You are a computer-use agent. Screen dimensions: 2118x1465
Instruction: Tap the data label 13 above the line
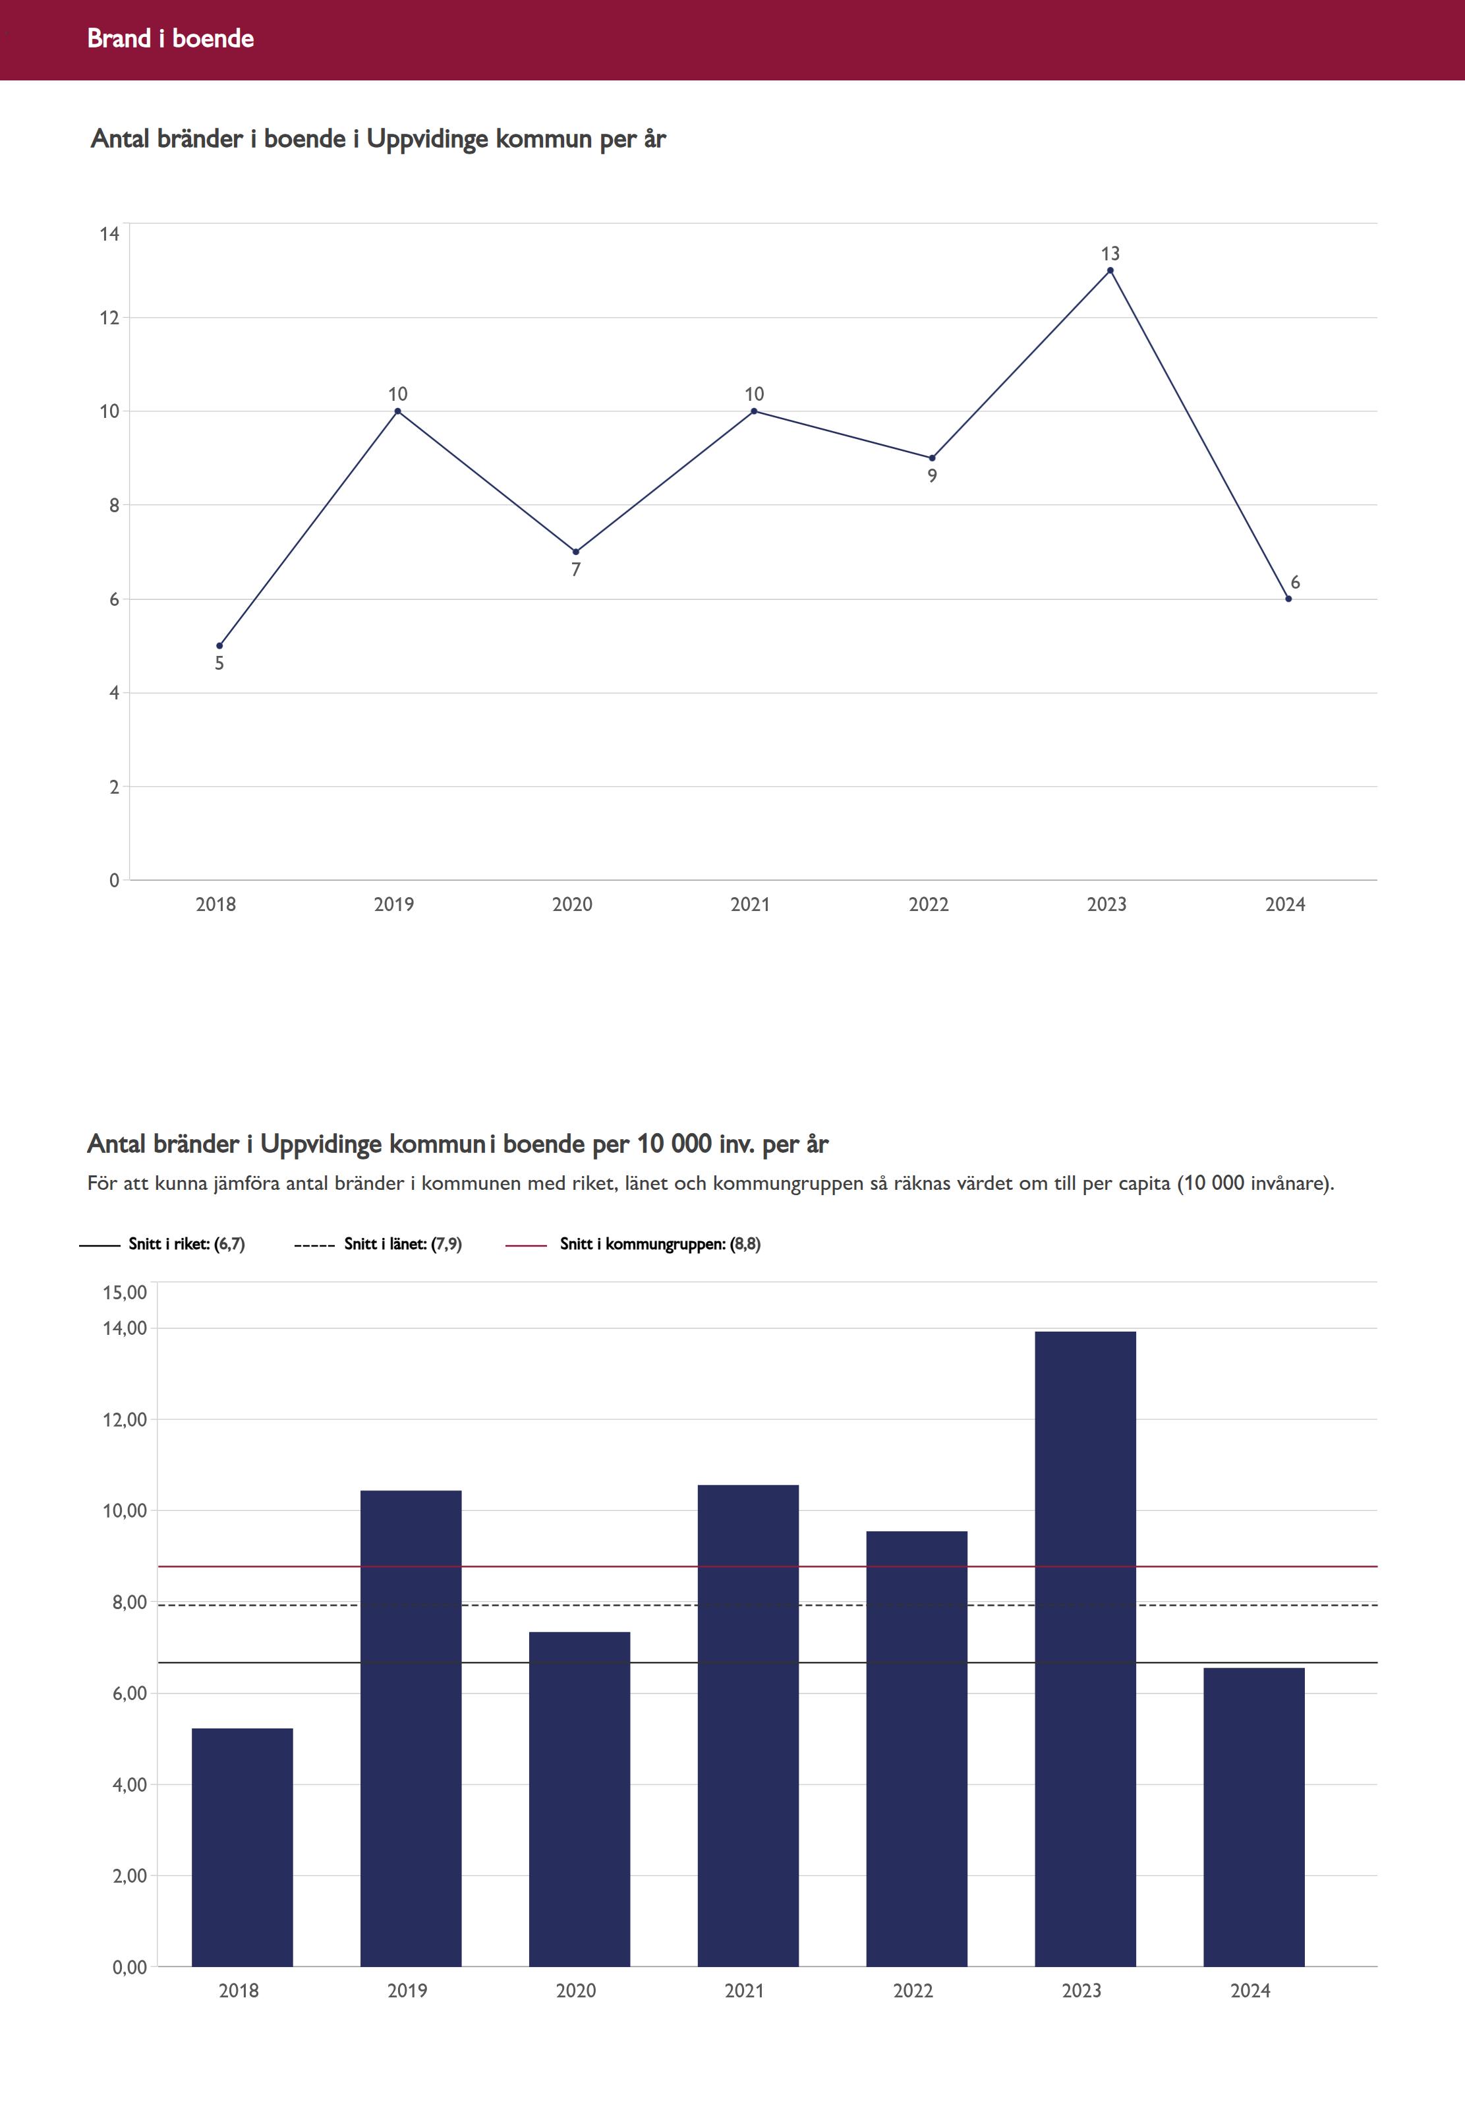[x=1110, y=253]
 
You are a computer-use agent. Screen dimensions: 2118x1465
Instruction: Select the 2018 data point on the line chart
[x=219, y=645]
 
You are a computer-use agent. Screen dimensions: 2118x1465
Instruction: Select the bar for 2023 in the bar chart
[x=1085, y=1653]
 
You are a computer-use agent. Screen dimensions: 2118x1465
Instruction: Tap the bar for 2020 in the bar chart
[x=579, y=1800]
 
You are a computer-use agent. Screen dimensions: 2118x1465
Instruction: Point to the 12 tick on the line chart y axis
[x=110, y=318]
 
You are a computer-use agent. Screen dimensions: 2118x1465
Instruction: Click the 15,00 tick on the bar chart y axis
[x=125, y=1293]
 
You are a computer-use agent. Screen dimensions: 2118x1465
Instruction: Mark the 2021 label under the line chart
[x=750, y=904]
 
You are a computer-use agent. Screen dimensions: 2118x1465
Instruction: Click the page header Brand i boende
[x=171, y=38]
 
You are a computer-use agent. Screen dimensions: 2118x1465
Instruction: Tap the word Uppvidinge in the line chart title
[x=427, y=140]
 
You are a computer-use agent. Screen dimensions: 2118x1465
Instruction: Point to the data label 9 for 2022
[x=932, y=475]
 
